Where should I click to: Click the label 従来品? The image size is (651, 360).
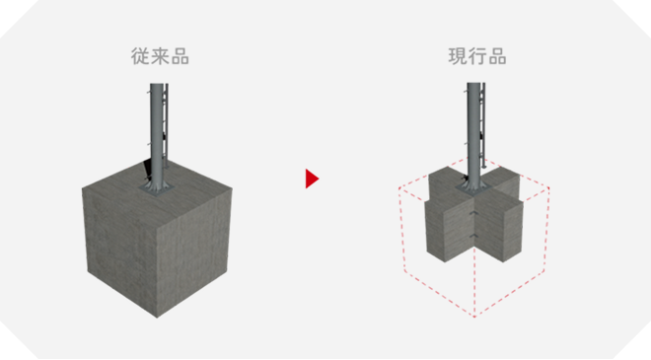click(160, 56)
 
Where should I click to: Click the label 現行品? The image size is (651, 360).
click(477, 56)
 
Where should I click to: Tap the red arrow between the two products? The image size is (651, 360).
click(312, 179)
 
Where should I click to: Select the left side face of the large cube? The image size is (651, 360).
click(121, 245)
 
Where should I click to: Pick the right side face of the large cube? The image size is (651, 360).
click(194, 250)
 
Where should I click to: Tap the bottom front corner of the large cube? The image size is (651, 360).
click(157, 318)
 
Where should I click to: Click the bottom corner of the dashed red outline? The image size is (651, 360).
click(474, 317)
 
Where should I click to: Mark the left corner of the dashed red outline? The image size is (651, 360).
click(399, 188)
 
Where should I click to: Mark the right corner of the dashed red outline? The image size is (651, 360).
click(548, 188)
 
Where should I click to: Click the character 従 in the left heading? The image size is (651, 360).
click(140, 56)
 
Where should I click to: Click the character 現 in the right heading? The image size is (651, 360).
click(458, 56)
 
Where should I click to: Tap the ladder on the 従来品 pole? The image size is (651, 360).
click(166, 124)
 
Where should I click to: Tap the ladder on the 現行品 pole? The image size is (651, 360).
click(483, 124)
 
